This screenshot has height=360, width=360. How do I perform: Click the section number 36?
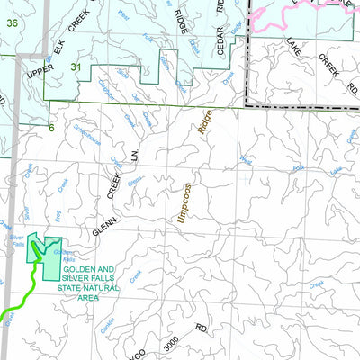pos(11,22)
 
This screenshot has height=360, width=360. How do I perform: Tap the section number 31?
pos(76,67)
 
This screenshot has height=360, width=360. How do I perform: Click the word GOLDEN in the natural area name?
pos(94,270)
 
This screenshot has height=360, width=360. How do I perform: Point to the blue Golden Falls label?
pos(66,256)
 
